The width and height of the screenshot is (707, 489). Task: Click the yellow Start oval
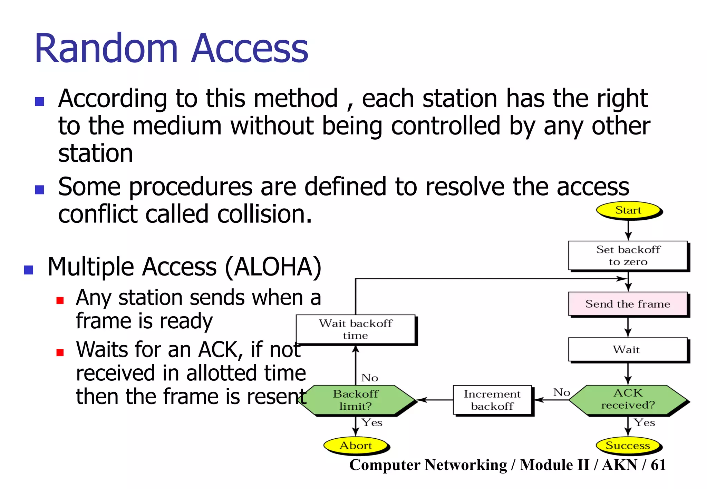click(628, 210)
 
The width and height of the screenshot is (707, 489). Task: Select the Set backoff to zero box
click(628, 255)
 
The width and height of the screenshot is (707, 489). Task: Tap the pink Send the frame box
click(628, 304)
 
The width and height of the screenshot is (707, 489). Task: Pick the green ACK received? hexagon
click(628, 399)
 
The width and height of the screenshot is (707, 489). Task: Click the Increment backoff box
click(492, 400)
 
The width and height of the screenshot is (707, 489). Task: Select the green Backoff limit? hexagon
click(356, 400)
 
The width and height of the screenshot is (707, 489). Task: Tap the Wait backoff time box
click(356, 329)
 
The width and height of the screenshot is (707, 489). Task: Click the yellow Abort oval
click(356, 445)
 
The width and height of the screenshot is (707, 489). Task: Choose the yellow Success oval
click(628, 445)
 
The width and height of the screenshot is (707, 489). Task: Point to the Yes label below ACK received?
click(644, 422)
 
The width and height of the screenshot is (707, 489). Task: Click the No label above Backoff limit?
click(369, 378)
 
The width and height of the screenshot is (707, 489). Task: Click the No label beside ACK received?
click(561, 392)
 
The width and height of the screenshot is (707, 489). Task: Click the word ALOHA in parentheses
click(273, 267)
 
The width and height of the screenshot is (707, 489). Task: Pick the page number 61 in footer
click(658, 465)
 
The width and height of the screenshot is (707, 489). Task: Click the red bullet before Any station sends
click(60, 300)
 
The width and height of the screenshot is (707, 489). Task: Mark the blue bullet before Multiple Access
click(29, 270)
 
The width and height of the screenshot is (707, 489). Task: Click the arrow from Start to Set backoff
click(628, 230)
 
